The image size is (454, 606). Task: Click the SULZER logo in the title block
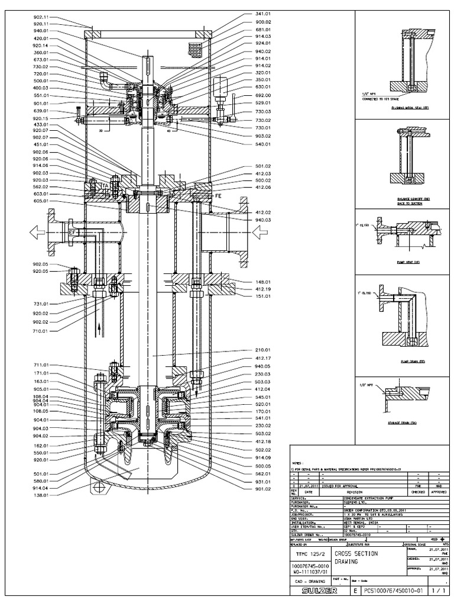pyautogui.click(x=320, y=591)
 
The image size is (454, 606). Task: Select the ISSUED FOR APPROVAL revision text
pyautogui.click(x=343, y=483)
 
